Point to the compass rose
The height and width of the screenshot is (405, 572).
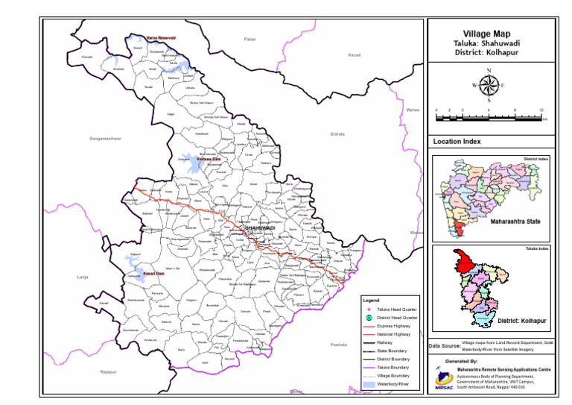pos(489,84)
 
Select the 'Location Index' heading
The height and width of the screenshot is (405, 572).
pos(457,141)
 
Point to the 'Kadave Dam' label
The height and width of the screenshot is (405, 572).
pos(209,159)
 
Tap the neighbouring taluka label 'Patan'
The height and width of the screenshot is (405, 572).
pos(249,38)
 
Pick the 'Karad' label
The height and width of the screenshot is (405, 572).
pos(354,55)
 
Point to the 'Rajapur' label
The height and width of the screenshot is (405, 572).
pos(109,371)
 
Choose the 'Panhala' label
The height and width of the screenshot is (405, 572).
pos(339,345)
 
